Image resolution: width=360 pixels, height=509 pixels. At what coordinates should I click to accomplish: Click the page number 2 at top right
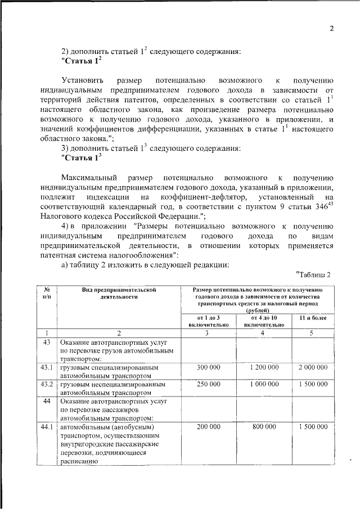(x=331, y=29)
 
